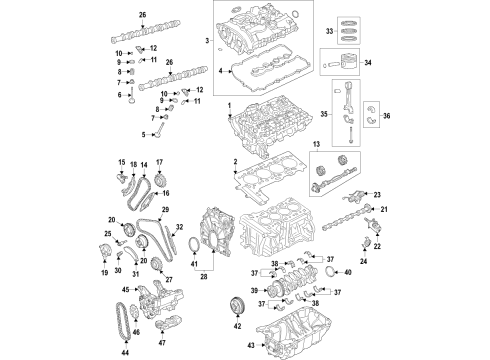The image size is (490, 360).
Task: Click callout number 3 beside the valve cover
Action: [207, 39]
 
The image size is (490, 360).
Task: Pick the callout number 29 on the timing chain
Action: [165, 208]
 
